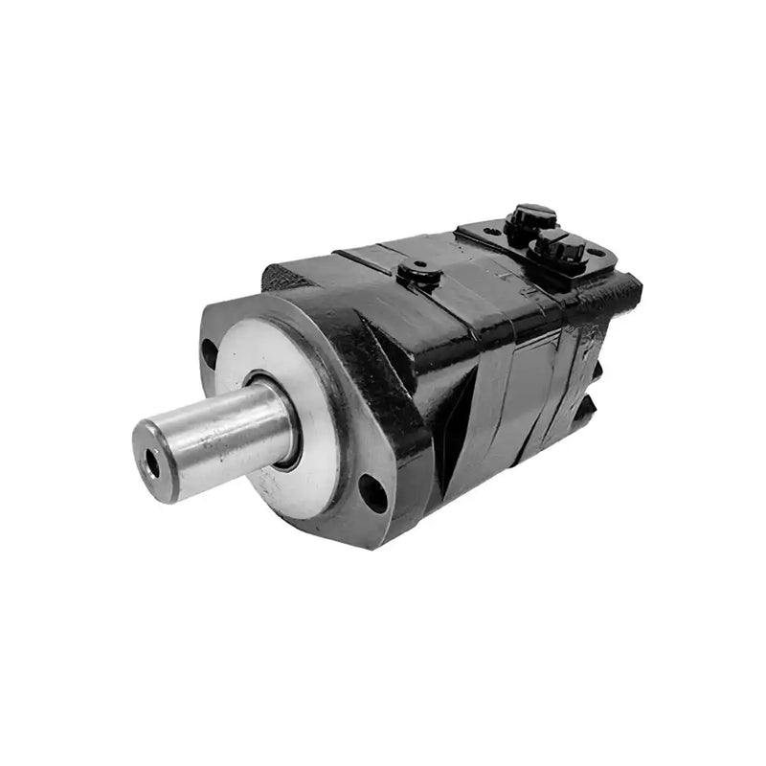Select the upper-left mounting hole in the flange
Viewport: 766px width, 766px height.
tap(210, 353)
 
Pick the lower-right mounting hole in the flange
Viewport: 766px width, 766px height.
tap(374, 492)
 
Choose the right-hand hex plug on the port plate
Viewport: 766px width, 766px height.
tap(558, 248)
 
